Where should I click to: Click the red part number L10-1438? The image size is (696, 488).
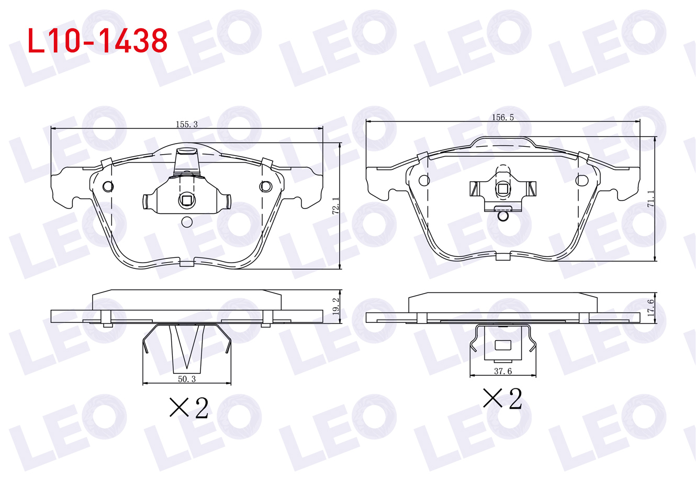[97, 40]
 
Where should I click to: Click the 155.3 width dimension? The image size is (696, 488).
[187, 125]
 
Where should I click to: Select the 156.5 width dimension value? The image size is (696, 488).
[503, 117]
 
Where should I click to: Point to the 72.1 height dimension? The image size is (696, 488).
[335, 205]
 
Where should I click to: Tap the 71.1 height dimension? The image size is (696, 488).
[650, 199]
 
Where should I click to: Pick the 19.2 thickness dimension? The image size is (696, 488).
[335, 307]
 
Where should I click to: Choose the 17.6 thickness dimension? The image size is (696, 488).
[650, 308]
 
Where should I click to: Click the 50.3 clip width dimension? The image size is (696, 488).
[187, 379]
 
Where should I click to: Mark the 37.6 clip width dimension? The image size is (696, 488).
[503, 371]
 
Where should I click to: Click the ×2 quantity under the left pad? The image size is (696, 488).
[188, 408]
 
